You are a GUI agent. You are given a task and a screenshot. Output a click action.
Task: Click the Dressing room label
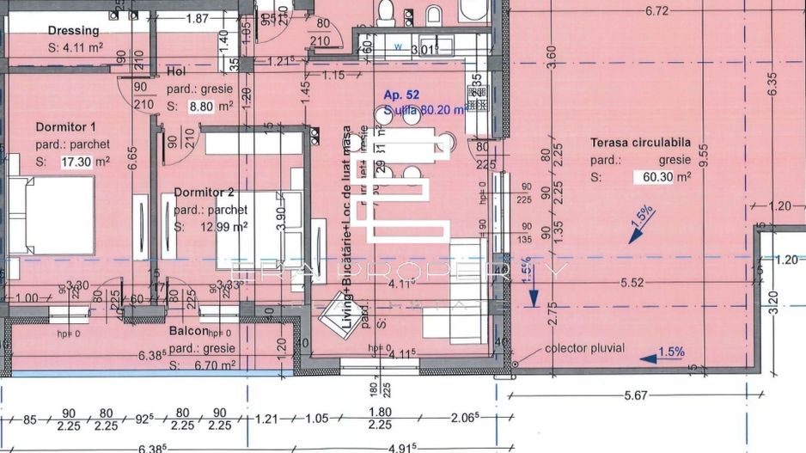(73, 32)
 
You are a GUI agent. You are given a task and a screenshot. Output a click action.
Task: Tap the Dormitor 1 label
(65, 127)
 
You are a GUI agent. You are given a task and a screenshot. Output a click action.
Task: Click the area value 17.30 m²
(84, 162)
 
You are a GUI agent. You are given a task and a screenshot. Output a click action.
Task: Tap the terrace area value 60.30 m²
(663, 177)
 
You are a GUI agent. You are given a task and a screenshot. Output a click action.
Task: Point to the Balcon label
(188, 331)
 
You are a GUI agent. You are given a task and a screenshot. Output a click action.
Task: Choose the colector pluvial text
(584, 349)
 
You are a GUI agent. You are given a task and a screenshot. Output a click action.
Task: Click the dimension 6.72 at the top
(657, 11)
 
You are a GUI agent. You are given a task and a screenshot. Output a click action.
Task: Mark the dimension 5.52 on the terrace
(632, 281)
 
